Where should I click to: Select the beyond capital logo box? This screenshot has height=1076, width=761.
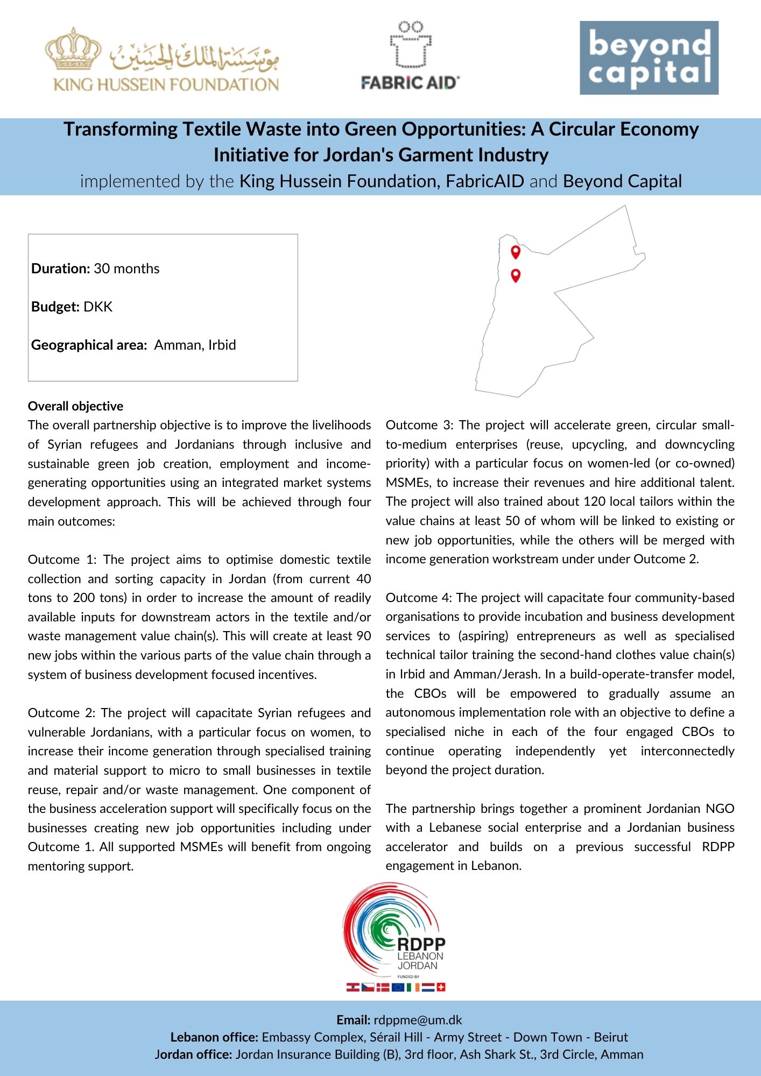(x=649, y=58)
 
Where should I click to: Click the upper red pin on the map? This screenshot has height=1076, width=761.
(x=516, y=251)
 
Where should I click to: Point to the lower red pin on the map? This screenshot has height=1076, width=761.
(x=516, y=275)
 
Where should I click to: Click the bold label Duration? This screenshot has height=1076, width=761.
(x=60, y=268)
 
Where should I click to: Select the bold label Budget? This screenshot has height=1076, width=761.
(x=55, y=307)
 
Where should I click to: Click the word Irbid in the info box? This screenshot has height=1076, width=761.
(x=222, y=345)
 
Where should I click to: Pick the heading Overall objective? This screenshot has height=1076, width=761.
(x=75, y=406)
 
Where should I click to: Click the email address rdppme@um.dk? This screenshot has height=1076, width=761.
(x=418, y=1020)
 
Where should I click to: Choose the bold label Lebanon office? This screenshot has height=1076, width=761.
(x=214, y=1037)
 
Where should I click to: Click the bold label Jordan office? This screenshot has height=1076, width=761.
(x=193, y=1054)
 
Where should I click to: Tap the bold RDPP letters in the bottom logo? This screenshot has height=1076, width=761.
(x=421, y=944)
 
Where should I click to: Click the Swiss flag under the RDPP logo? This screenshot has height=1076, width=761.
(x=441, y=987)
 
